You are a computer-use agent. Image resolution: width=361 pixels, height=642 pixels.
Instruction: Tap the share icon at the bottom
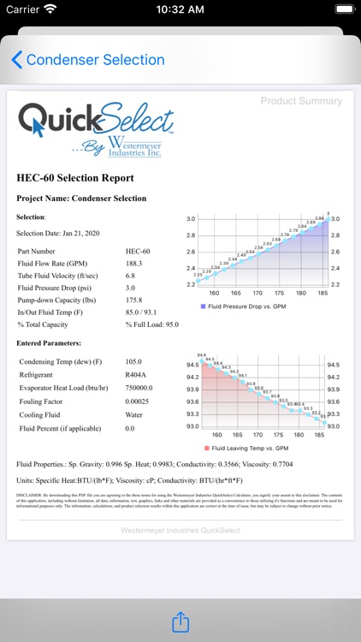coord(180,622)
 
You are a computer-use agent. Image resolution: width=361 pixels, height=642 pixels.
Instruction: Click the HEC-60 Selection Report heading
coord(75,178)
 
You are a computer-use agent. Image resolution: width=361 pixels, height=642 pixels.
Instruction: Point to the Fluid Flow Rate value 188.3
coord(134,264)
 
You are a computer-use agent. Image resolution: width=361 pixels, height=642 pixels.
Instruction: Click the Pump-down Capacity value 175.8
coord(134,300)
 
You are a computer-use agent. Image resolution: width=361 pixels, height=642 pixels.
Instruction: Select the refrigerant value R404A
coord(136,374)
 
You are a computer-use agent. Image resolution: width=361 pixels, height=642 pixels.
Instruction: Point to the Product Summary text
coord(301,101)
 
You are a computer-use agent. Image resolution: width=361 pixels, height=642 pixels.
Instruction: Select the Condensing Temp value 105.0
coord(135,361)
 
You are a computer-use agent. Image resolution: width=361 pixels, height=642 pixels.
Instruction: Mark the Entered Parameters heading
coord(49,343)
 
